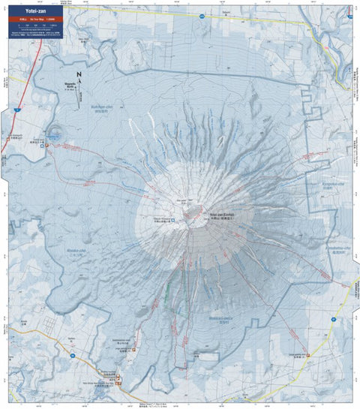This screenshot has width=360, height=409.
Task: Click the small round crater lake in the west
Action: click(x=55, y=136)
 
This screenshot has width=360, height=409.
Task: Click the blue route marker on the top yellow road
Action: click(x=202, y=14)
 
